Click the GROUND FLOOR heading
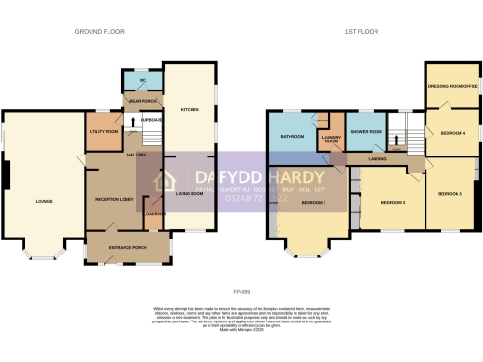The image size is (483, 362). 99,31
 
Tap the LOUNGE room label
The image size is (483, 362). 44,201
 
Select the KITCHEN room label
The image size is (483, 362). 187,109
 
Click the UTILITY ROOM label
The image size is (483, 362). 102,132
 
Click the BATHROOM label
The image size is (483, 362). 291,136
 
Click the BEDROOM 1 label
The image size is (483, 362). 313,202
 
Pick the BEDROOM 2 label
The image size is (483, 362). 392,202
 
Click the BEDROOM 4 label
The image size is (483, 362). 452,133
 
